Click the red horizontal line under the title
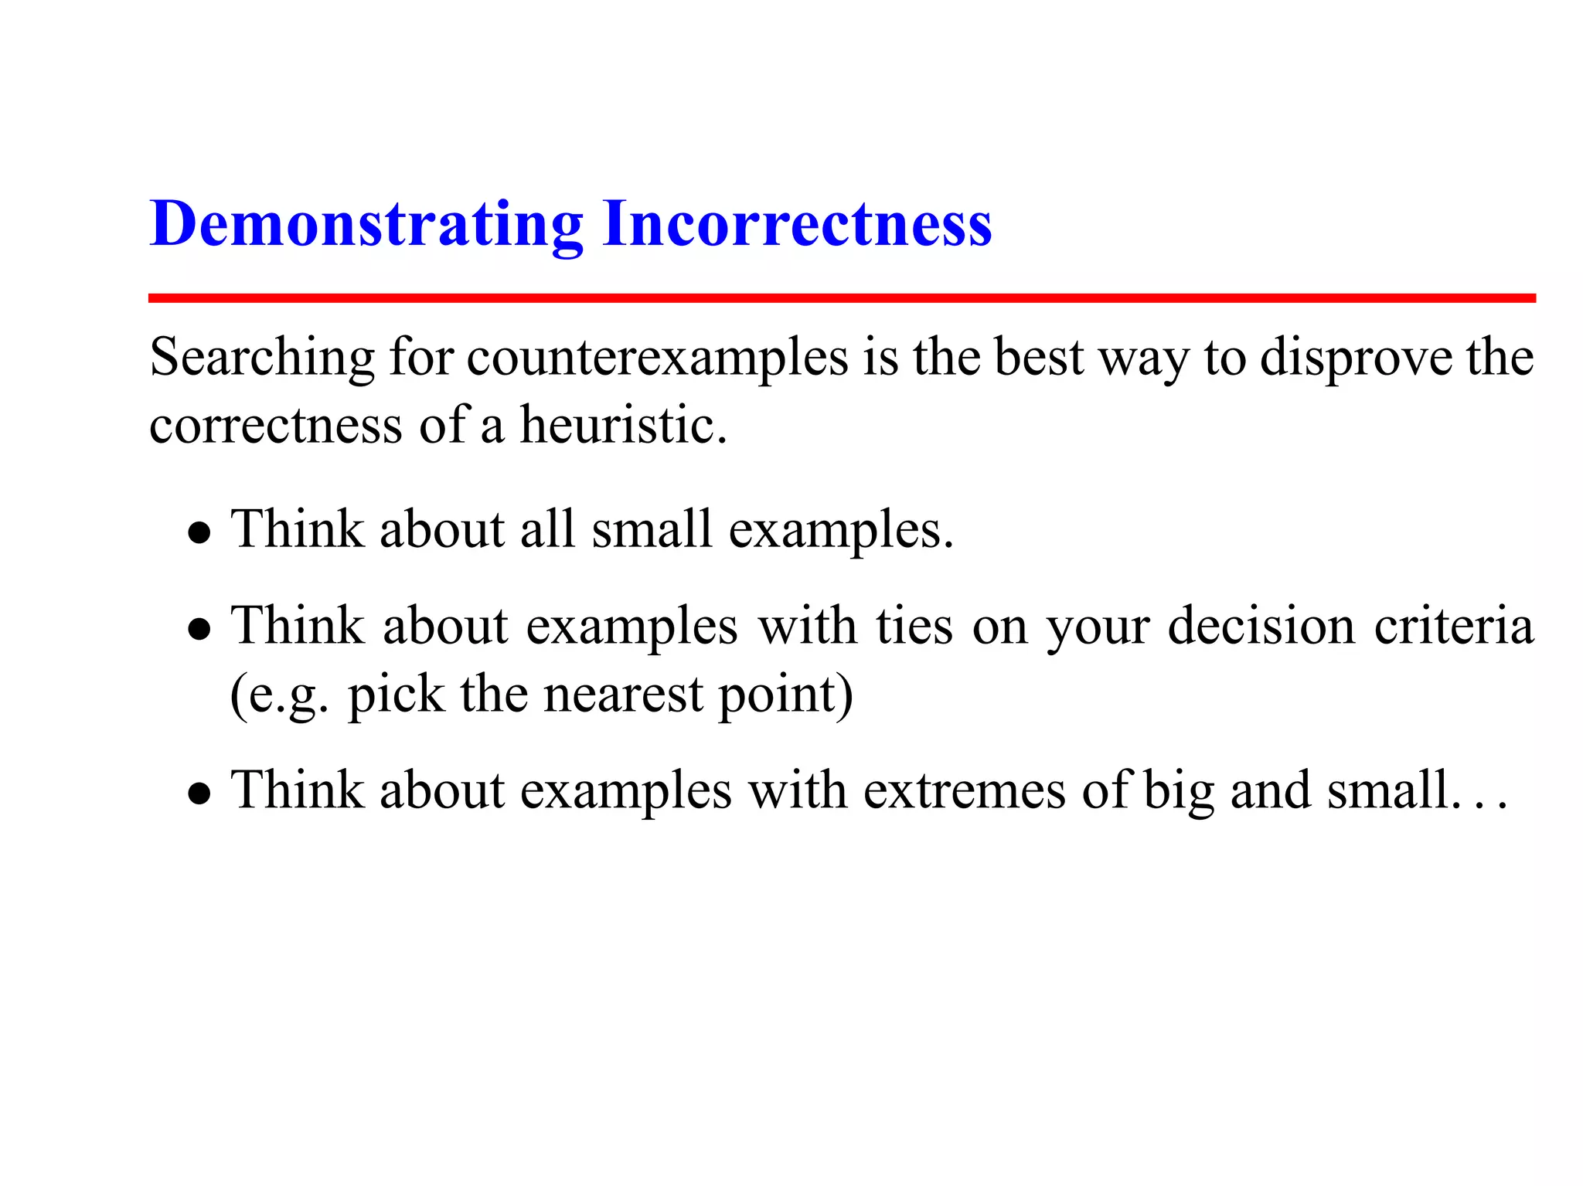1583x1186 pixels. [x=841, y=298]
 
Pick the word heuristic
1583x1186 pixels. [x=623, y=426]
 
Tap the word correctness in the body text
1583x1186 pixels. [x=275, y=426]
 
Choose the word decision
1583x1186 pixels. [x=1261, y=626]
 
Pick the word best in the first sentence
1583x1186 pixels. [x=1039, y=358]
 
